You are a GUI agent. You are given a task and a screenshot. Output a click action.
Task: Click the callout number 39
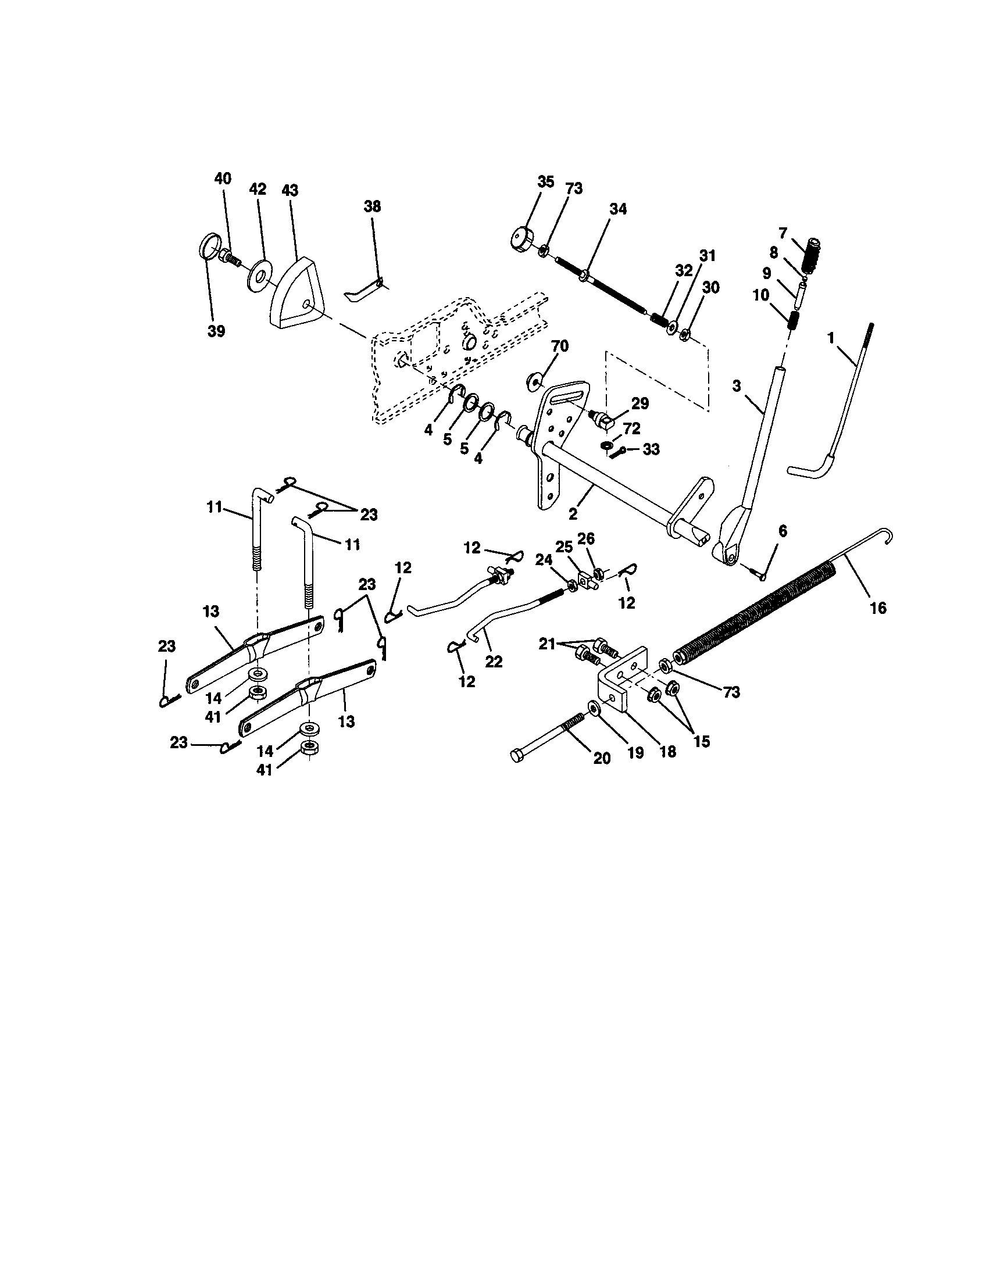click(216, 331)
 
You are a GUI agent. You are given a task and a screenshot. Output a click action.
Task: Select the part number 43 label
click(290, 190)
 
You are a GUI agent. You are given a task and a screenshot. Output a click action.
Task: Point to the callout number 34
click(618, 209)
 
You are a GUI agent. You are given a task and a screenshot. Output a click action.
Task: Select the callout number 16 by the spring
click(878, 608)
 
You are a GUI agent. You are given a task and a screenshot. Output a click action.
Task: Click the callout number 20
click(602, 758)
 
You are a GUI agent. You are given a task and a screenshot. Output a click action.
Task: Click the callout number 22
click(494, 661)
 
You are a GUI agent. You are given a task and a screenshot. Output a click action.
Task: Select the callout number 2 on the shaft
click(573, 513)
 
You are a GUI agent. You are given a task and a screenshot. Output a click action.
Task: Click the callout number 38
click(372, 206)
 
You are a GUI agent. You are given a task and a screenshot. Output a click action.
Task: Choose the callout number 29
click(640, 403)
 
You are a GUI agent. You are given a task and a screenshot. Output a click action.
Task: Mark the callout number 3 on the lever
click(737, 386)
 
